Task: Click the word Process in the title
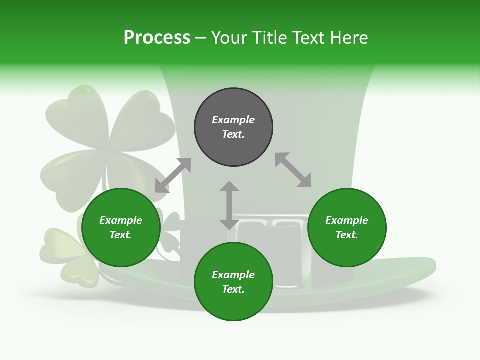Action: pos(157,38)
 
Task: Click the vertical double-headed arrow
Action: pos(229,205)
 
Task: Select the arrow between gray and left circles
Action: pos(173,175)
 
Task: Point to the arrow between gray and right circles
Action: pos(293,170)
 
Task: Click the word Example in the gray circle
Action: pos(233,120)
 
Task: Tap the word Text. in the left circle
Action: pos(121,235)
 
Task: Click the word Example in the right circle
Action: pos(347,220)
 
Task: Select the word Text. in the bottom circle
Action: pos(233,289)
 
